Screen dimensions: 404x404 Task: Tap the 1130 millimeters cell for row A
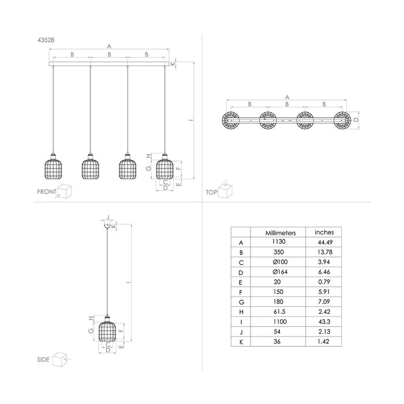(280, 243)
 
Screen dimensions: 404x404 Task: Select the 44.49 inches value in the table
(324, 243)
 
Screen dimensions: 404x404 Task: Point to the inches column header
(324, 232)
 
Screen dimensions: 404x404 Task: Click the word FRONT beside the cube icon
(47, 192)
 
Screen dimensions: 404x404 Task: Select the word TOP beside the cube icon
(211, 192)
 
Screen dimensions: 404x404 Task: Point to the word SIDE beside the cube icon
(43, 358)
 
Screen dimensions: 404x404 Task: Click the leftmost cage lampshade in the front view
(53, 167)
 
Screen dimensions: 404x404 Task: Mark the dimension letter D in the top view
(356, 119)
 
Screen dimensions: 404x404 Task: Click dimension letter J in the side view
(107, 217)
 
